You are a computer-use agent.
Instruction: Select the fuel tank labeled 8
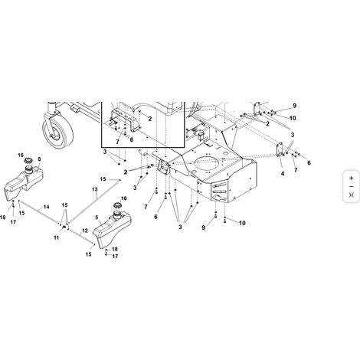tap(24, 182)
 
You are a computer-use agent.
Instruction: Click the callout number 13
tap(95, 189)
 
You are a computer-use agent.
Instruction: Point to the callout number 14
tap(46, 207)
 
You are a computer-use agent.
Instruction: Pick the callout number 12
tap(85, 231)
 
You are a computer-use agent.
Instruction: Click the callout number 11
tap(56, 237)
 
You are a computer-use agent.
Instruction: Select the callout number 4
tap(283, 174)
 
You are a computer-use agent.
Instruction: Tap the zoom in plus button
tap(352, 178)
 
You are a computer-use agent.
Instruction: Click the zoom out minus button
tap(352, 187)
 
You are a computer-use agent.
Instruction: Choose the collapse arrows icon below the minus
tap(352, 195)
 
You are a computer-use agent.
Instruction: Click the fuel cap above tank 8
tap(28, 161)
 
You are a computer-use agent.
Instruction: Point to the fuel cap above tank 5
tap(118, 205)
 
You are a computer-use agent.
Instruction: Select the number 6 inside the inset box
tap(132, 140)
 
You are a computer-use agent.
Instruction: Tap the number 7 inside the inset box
tap(117, 142)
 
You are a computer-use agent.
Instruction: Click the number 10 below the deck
tap(242, 223)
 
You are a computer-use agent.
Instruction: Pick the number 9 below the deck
tap(204, 227)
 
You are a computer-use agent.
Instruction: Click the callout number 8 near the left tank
tap(39, 159)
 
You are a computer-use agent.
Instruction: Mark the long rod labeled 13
tap(93, 201)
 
